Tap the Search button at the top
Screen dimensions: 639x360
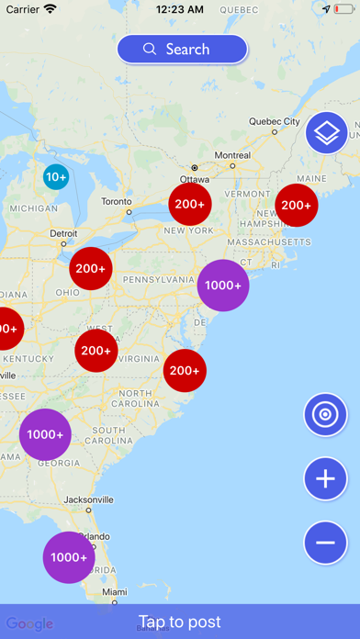click(x=182, y=50)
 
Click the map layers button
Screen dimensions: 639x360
click(x=327, y=133)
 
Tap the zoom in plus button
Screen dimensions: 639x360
click(x=326, y=478)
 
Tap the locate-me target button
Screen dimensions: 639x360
click(x=326, y=415)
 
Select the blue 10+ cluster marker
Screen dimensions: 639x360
click(x=56, y=176)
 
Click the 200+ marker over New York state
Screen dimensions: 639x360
click(x=190, y=204)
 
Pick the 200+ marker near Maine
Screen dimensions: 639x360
click(x=297, y=205)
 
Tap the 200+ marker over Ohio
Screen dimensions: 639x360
click(x=91, y=269)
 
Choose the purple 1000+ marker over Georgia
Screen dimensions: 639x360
click(x=45, y=434)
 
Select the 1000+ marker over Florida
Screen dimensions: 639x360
click(x=69, y=557)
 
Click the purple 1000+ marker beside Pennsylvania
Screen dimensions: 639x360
click(x=223, y=286)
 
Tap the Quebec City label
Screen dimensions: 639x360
click(x=275, y=121)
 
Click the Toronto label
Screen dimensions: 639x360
click(x=117, y=201)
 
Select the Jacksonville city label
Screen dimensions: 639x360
click(x=89, y=499)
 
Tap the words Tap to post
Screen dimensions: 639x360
click(x=180, y=622)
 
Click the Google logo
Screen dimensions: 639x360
click(x=29, y=623)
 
